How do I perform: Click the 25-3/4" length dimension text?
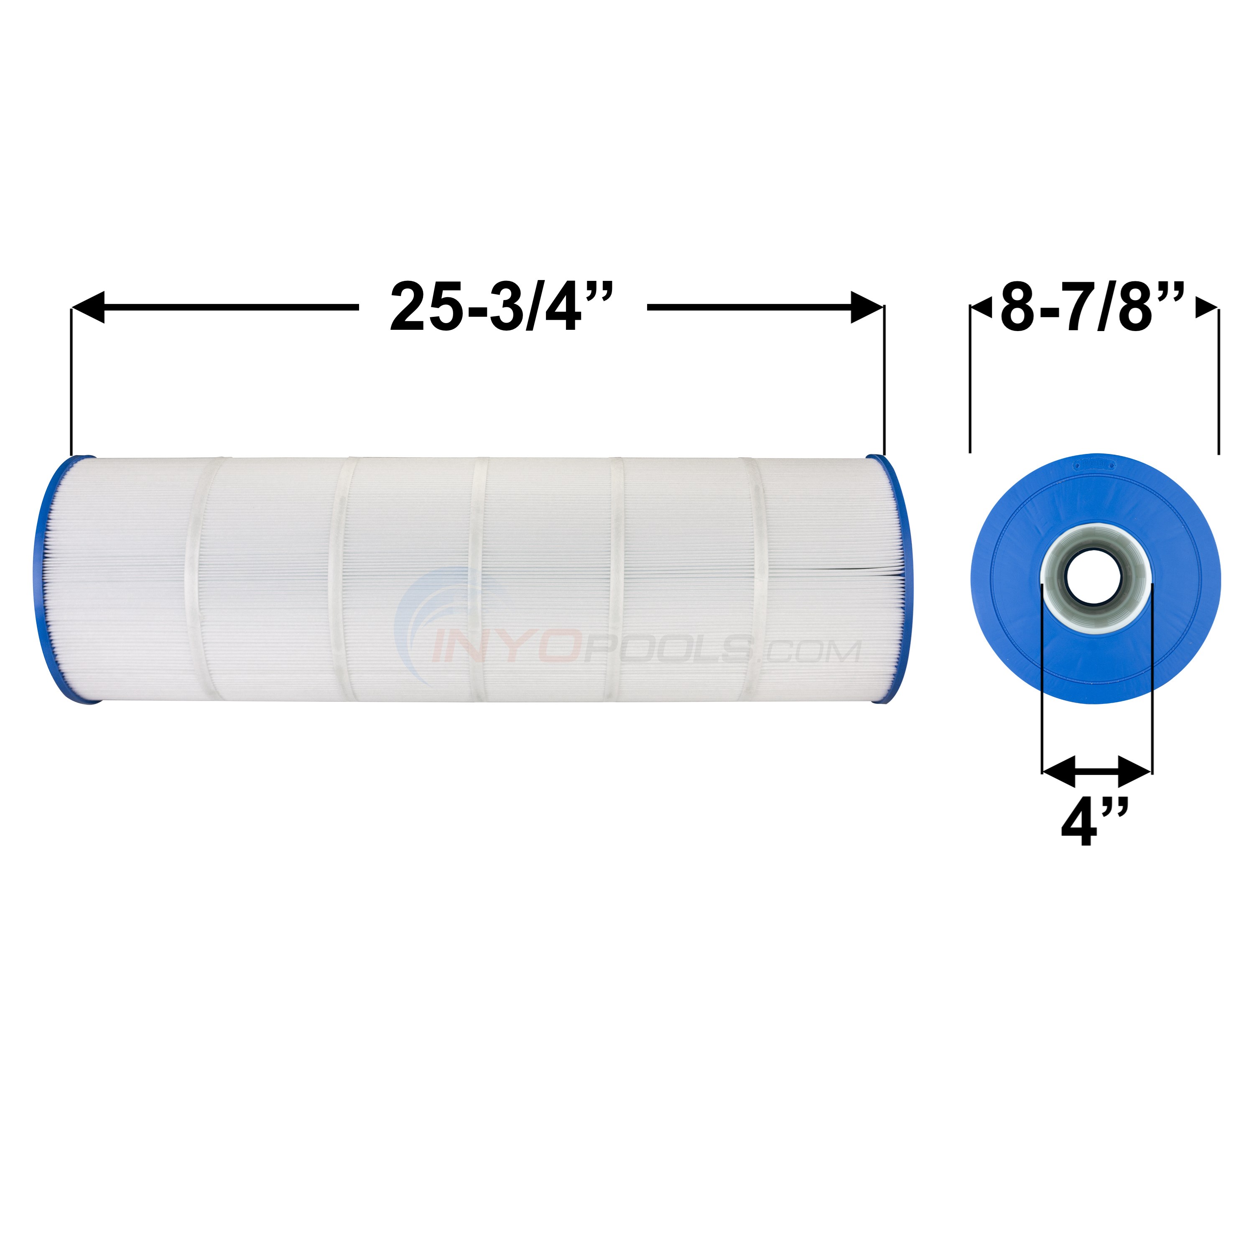point(501,307)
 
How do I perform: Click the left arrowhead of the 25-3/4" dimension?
point(89,307)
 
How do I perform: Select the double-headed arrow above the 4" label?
point(1096,771)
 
